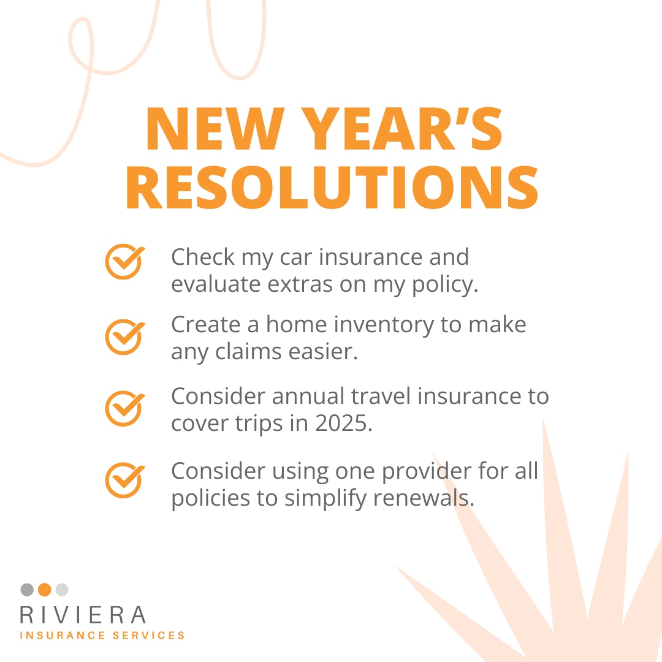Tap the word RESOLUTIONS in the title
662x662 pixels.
[332, 188]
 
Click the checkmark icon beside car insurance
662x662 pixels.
[124, 261]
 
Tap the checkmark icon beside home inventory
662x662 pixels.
[124, 336]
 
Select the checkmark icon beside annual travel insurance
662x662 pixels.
[124, 408]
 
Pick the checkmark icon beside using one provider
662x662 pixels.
[124, 479]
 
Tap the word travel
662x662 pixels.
[382, 397]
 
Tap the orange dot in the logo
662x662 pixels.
[44, 590]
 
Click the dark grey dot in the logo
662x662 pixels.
[27, 590]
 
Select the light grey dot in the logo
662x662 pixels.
[62, 590]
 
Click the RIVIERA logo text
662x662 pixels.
[83, 615]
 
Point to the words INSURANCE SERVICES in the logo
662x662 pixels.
[102, 636]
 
